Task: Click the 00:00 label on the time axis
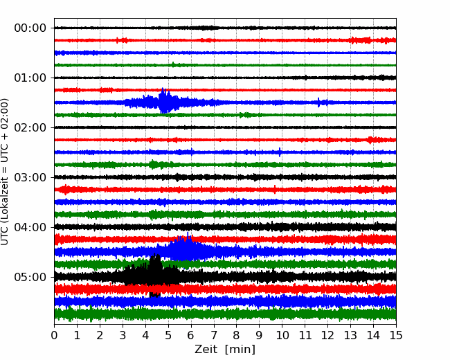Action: (30, 28)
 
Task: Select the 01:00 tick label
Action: (30, 78)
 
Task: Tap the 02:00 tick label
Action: (30, 127)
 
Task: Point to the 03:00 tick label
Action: (30, 177)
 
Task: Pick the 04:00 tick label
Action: (30, 227)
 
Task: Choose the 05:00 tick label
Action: (30, 277)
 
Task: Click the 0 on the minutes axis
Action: (54, 335)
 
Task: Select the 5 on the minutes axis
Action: (168, 335)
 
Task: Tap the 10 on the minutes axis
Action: (282, 335)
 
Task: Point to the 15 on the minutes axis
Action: (396, 335)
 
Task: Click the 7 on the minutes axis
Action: (214, 335)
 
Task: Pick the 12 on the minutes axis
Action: (327, 335)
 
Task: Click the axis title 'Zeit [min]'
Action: (225, 350)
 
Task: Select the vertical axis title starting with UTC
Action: (5, 172)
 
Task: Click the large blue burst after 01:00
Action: (165, 101)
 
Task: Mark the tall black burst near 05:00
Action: (155, 275)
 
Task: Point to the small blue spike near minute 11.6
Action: (318, 102)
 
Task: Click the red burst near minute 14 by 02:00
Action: (370, 140)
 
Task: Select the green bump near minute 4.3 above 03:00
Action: (153, 164)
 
